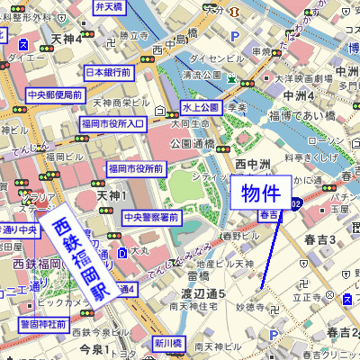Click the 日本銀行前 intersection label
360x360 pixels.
click(x=108, y=72)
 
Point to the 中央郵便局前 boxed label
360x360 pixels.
click(x=55, y=94)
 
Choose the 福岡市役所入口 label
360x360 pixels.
click(x=112, y=123)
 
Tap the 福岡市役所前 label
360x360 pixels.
click(x=135, y=168)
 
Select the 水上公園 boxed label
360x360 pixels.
click(x=202, y=108)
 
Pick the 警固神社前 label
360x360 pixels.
click(x=44, y=323)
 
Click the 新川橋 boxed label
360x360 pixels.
click(x=166, y=343)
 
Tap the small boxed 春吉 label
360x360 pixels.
click(x=268, y=215)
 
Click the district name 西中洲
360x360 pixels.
click(x=253, y=164)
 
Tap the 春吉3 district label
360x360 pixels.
click(x=319, y=239)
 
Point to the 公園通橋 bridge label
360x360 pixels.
click(x=192, y=143)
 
